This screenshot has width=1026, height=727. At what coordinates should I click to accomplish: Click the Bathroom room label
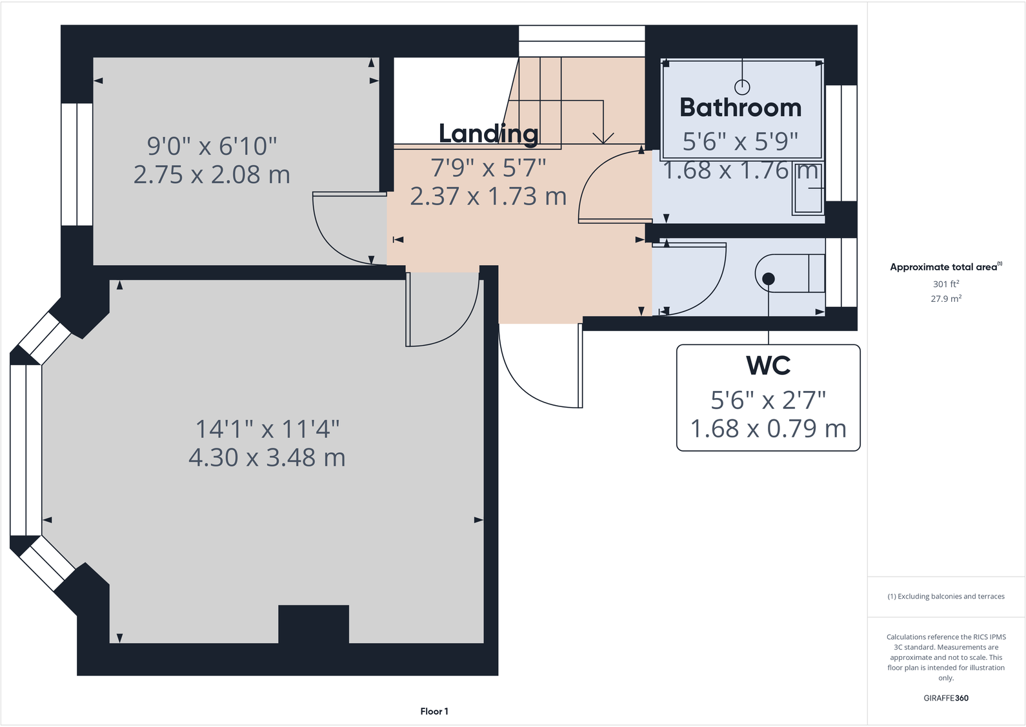coord(740,108)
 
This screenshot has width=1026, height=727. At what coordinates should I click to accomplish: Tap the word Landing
coord(488,134)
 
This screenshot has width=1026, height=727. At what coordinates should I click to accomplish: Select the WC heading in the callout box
coord(768,366)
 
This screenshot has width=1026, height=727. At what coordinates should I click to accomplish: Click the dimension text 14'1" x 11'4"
coord(267,429)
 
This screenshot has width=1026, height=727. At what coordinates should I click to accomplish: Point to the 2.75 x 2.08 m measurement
coord(212,175)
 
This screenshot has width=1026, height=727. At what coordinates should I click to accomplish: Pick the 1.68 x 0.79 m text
coord(768,429)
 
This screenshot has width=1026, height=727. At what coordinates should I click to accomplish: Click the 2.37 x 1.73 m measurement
coord(488,196)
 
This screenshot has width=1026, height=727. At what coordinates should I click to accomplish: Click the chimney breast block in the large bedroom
coord(314,624)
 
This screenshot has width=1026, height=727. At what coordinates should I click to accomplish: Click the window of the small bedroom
coord(77,164)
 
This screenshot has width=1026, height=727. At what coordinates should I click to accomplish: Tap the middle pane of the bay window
coord(26,450)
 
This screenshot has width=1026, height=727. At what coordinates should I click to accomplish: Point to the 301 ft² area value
coord(945,284)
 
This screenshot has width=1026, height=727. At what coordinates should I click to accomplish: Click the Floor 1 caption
coord(434,712)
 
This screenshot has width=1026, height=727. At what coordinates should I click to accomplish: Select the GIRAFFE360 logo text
coord(945,698)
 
